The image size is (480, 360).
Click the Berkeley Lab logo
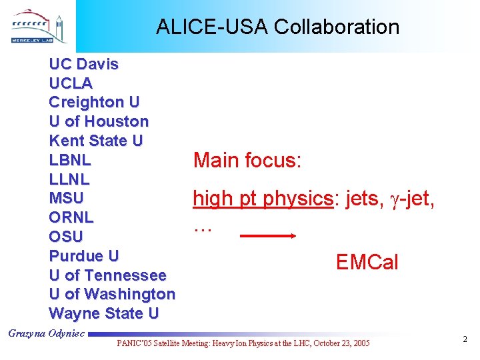[39, 27]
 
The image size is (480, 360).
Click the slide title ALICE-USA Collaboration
[277, 27]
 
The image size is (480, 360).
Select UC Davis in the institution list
[84, 65]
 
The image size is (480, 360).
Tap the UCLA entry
[71, 84]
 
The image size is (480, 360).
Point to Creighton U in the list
[94, 103]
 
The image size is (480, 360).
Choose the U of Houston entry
[99, 122]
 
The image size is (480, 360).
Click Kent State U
[96, 141]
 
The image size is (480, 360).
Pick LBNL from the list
[70, 161]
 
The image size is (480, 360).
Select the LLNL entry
[69, 179]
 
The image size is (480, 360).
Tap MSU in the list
[67, 199]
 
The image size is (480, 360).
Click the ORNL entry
[71, 218]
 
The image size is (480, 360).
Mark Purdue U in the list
[84, 256]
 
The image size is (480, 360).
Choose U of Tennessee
[107, 275]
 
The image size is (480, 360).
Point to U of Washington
[112, 294]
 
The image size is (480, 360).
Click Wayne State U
[103, 313]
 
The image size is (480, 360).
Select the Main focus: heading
[248, 161]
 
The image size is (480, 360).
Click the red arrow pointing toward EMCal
[267, 235]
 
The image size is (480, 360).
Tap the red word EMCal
[367, 263]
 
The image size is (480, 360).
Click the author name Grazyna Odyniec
[46, 333]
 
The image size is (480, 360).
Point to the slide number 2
[465, 340]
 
